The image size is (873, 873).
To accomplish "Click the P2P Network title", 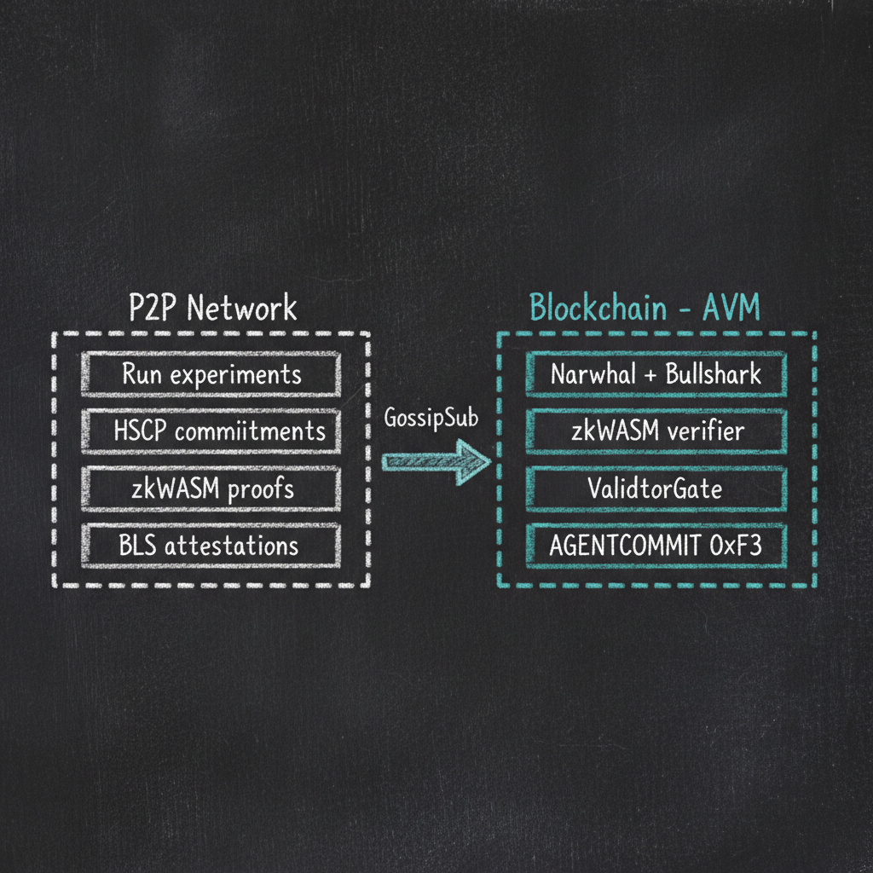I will pyautogui.click(x=211, y=308).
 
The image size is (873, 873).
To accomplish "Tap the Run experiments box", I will pyautogui.click(x=211, y=374).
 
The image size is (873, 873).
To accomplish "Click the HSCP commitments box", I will pyautogui.click(x=211, y=431).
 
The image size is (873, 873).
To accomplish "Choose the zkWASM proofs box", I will pyautogui.click(x=211, y=489).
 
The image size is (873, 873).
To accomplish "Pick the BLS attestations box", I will pyautogui.click(x=211, y=545).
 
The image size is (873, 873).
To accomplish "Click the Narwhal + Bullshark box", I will pyautogui.click(x=656, y=374).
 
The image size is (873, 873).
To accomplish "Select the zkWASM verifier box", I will pyautogui.click(x=656, y=431).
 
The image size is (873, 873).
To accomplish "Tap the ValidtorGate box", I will pyautogui.click(x=656, y=489).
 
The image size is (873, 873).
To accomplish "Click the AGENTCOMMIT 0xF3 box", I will pyautogui.click(x=656, y=545).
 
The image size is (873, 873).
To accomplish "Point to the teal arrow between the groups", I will pyautogui.click(x=435, y=461).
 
